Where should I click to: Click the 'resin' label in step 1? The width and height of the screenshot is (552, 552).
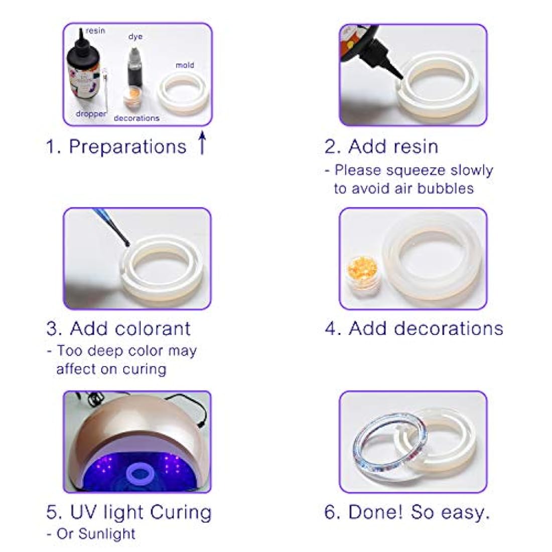point(95,31)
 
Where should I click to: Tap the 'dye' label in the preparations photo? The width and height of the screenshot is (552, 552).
point(135,37)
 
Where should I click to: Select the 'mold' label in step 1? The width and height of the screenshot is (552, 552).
point(185,65)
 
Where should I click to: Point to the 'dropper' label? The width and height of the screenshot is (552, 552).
point(91,114)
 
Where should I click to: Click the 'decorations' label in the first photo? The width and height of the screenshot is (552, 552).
point(136,118)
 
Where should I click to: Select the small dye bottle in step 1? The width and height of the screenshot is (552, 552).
point(135,69)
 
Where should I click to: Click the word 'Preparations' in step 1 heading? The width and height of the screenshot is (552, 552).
point(127,147)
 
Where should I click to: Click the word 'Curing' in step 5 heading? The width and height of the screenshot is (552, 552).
point(181,512)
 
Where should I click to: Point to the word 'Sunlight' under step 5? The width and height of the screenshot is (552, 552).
point(106,534)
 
